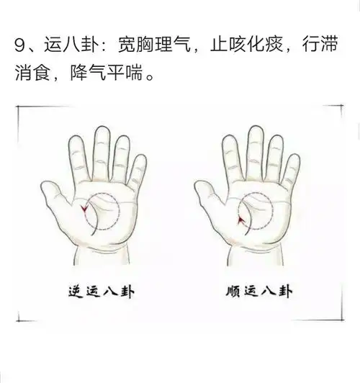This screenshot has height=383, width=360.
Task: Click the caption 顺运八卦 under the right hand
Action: pos(258,293)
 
